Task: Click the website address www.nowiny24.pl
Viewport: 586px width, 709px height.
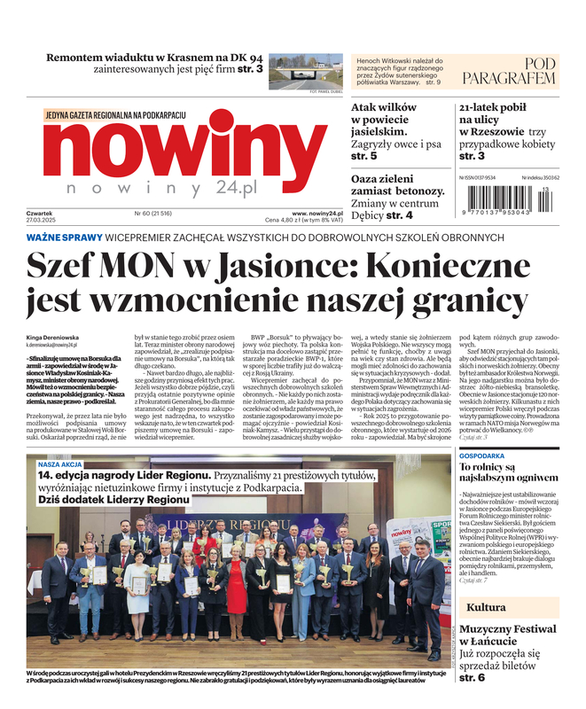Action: coord(316,213)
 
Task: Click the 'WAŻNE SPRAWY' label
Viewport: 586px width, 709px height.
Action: coord(63,238)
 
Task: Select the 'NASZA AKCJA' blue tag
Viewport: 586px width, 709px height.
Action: coord(60,464)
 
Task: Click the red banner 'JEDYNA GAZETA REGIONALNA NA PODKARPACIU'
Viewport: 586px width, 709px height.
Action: coord(115,115)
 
